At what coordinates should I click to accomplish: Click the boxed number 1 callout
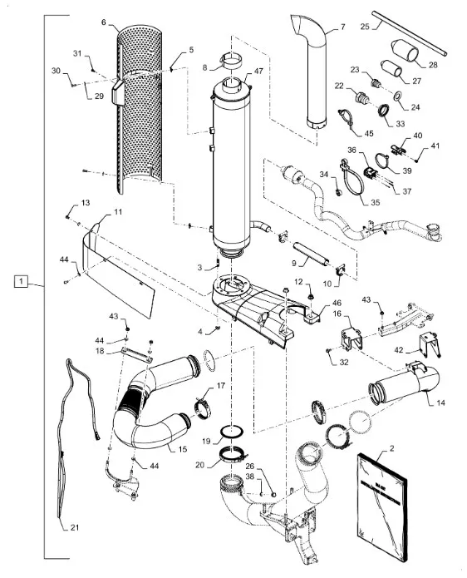point(21,281)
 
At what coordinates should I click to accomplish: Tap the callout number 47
point(258,71)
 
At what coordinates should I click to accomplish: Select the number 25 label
point(365,27)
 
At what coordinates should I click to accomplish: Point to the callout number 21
point(75,527)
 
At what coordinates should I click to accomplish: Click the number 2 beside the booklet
point(391,448)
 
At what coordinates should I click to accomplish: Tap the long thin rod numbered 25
point(409,33)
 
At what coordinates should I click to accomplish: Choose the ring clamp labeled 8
point(232,62)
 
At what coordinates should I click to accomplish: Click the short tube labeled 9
point(311,254)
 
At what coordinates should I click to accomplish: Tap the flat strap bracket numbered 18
point(136,355)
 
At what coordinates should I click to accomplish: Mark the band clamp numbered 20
point(233,454)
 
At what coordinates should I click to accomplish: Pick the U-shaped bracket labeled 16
point(351,338)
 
